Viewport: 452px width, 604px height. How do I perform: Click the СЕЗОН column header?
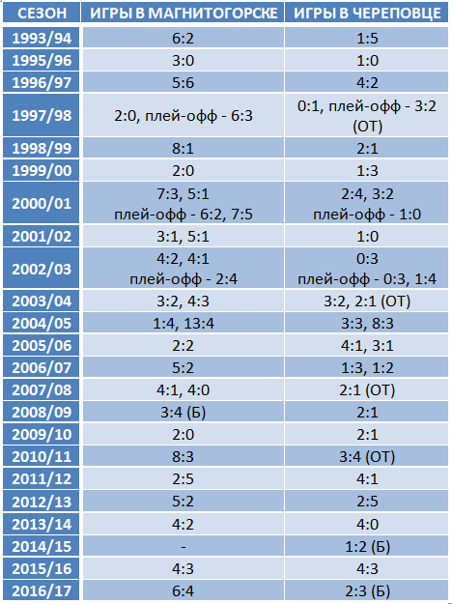(42, 14)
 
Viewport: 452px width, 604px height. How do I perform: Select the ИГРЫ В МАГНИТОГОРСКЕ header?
(184, 14)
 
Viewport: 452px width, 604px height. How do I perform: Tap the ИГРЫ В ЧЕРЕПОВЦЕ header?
(367, 14)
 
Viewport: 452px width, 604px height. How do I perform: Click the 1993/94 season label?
(42, 38)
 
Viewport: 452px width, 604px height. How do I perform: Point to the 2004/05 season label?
(42, 323)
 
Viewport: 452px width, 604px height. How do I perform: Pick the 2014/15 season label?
(42, 546)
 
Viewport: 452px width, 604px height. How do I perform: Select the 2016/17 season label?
(42, 590)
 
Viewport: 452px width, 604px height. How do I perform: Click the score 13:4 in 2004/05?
(199, 323)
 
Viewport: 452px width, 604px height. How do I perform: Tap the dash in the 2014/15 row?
(184, 547)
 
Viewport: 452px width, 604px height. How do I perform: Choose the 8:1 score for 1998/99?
(184, 148)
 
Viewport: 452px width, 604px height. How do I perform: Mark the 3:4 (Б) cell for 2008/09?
(184, 413)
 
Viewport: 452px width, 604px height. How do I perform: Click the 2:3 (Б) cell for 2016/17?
(367, 590)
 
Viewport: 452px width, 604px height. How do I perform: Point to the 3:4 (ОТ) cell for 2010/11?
(367, 457)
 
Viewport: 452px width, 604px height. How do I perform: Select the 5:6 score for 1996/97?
(184, 82)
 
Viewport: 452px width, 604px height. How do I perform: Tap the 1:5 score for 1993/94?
(367, 38)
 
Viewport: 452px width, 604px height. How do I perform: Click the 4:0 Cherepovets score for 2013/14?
(367, 524)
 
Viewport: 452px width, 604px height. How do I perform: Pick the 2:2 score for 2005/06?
(184, 346)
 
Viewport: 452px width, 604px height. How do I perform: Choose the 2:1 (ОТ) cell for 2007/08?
(367, 390)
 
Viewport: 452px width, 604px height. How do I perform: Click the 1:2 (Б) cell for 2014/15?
(367, 546)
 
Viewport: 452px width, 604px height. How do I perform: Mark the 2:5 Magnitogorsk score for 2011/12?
(184, 479)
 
